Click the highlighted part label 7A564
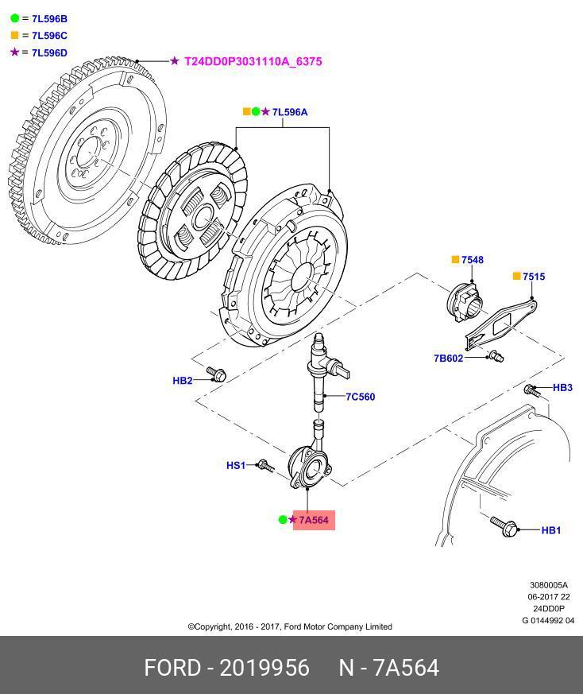click(314, 520)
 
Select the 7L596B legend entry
click(49, 17)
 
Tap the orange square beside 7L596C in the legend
click(14, 35)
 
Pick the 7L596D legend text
click(49, 52)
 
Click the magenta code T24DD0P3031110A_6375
click(253, 60)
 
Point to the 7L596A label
click(289, 112)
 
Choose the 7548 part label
click(472, 260)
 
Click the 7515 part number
click(534, 277)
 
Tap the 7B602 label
click(448, 359)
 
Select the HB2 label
click(183, 381)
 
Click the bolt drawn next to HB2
click(214, 372)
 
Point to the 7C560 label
click(360, 397)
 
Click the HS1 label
click(236, 465)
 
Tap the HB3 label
click(562, 388)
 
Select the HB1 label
click(551, 530)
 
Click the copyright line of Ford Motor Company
click(290, 626)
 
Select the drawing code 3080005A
click(549, 585)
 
